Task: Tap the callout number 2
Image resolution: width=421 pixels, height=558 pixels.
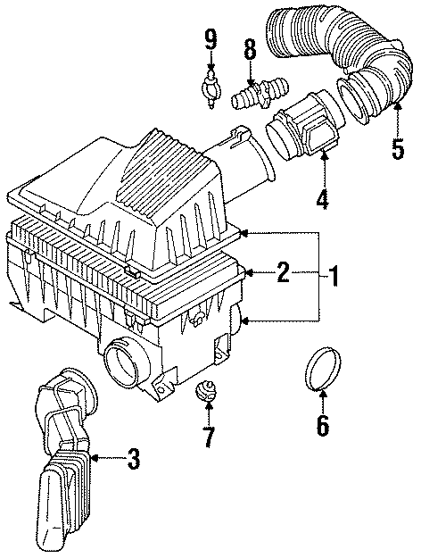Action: click(x=283, y=273)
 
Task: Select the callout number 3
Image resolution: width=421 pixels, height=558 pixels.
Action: click(x=132, y=460)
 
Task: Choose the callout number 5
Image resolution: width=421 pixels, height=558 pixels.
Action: click(x=397, y=147)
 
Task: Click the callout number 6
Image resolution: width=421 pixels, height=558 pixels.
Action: click(x=322, y=428)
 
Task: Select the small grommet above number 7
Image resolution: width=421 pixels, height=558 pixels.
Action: click(x=207, y=393)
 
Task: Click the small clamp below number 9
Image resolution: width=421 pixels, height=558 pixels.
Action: click(x=210, y=89)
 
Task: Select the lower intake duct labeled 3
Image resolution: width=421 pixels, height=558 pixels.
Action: click(x=62, y=464)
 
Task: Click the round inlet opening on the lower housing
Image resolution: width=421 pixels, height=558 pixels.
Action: click(x=123, y=364)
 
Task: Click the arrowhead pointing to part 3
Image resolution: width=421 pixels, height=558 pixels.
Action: click(x=93, y=460)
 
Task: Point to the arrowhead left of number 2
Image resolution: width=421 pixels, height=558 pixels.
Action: click(x=251, y=273)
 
